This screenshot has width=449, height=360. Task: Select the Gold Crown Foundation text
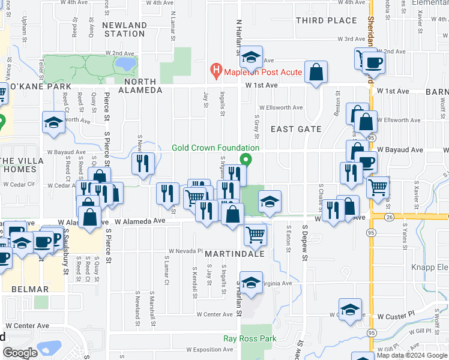pos(215,148)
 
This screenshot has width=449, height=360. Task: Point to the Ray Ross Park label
pos(250,338)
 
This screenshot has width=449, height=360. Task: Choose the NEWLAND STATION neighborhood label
pos(124,29)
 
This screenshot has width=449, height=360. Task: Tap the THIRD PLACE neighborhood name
pos(327,20)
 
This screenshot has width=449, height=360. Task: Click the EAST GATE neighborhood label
pos(296,129)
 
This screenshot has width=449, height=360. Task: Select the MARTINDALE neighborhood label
pos(227,254)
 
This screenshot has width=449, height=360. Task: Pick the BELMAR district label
pos(29,289)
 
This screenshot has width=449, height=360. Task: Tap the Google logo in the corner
pos(20,353)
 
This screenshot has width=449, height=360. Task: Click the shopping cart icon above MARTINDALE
pos(255,233)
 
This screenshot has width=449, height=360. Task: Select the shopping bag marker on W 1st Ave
pos(316,73)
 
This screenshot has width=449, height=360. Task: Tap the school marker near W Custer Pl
pos(350,309)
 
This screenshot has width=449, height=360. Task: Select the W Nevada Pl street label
pos(186,251)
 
